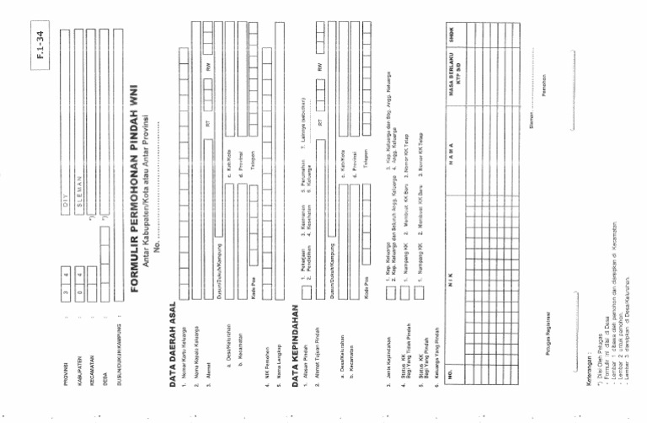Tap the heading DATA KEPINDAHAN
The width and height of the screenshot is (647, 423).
click(297, 345)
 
